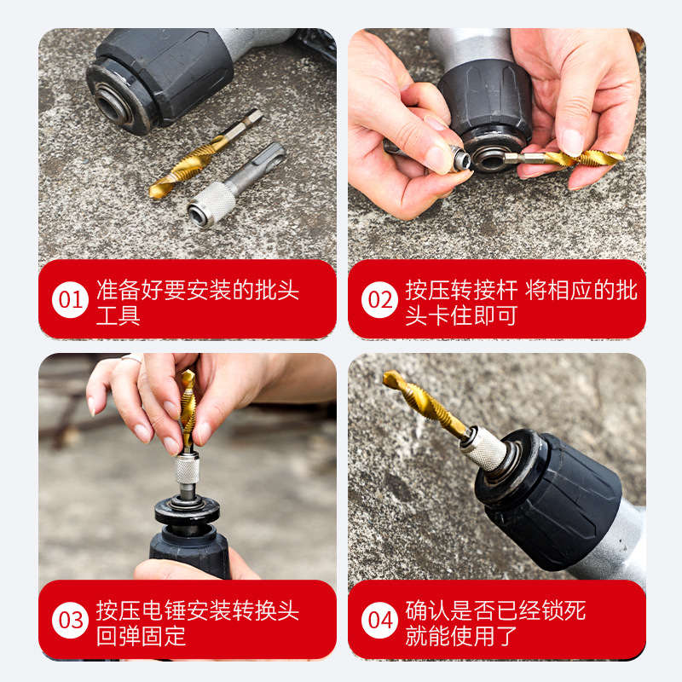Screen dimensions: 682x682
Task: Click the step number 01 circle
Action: tap(70, 299)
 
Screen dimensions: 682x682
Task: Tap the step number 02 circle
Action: tap(379, 299)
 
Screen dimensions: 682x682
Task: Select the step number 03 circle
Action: tap(70, 620)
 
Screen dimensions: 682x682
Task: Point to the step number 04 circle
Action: tap(379, 620)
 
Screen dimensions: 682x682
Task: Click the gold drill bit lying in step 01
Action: tap(205, 154)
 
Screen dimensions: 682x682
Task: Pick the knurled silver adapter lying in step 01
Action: tap(236, 185)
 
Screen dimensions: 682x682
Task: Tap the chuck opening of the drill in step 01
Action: tap(111, 103)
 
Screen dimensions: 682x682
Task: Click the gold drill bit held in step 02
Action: tap(565, 159)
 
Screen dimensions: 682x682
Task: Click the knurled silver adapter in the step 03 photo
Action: tap(188, 470)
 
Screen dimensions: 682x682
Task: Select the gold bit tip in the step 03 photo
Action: tap(188, 375)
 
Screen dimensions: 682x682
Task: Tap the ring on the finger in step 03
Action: tap(132, 358)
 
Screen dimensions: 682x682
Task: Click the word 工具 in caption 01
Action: tap(118, 315)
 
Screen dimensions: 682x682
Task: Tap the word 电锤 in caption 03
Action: tap(163, 610)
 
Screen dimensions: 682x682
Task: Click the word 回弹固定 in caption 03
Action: tap(141, 636)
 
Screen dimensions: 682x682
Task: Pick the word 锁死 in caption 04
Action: tap(563, 610)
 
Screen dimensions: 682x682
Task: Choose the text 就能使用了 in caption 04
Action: tap(461, 636)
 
